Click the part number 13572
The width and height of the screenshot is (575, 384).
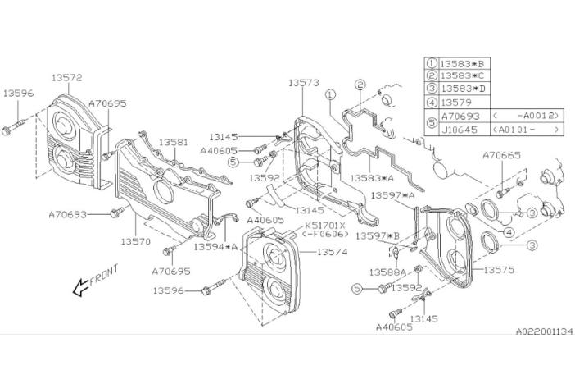[x=66, y=77]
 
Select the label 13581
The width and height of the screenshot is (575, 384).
[x=173, y=141]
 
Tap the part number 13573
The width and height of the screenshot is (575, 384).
[x=303, y=83]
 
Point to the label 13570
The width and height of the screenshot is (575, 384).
[x=135, y=242]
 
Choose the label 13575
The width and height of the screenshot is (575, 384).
[x=499, y=268]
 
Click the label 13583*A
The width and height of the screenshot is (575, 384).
[x=372, y=177]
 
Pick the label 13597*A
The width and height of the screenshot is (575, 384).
[x=392, y=195]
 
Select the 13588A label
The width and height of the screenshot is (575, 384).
[x=384, y=272]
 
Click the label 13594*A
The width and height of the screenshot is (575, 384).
[x=215, y=246]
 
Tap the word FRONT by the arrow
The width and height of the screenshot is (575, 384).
[x=104, y=275]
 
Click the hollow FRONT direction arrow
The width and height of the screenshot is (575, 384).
[x=80, y=286]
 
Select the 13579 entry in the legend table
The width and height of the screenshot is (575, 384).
[x=455, y=103]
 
